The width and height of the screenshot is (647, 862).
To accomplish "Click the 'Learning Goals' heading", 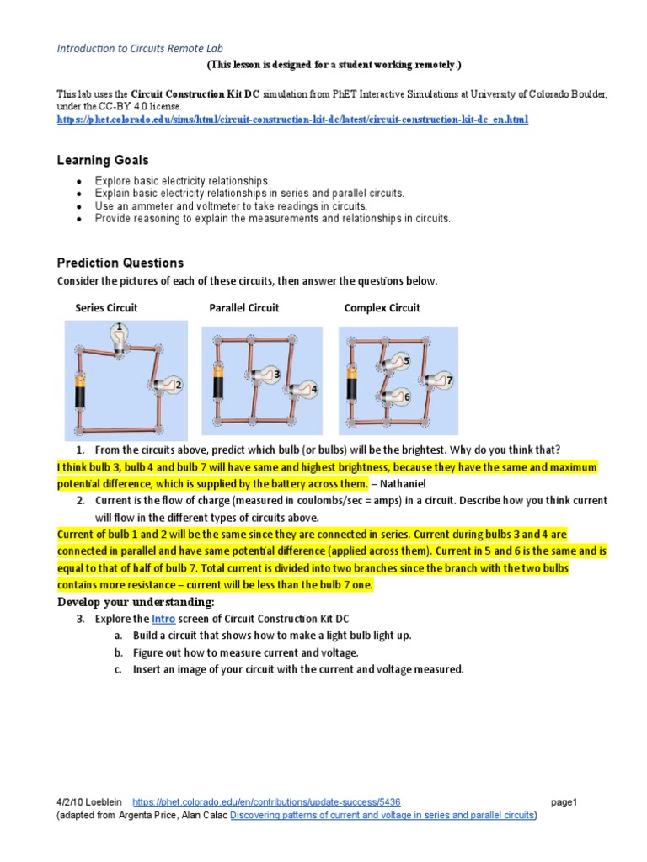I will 103,160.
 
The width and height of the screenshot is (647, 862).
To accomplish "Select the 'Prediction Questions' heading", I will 120,263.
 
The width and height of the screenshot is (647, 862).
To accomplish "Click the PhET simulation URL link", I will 292,120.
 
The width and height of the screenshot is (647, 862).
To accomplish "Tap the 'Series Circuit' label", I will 106,308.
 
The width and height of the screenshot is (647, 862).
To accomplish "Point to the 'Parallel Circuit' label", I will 243,308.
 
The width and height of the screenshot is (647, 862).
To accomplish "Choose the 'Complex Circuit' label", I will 382,308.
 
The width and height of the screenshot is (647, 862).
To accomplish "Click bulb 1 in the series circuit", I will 120,336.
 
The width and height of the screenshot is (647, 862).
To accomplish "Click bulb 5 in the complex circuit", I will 395,363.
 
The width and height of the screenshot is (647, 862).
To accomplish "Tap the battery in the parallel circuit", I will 219,382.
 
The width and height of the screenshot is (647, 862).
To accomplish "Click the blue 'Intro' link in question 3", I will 163,619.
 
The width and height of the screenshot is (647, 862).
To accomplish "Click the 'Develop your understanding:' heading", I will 136,602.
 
